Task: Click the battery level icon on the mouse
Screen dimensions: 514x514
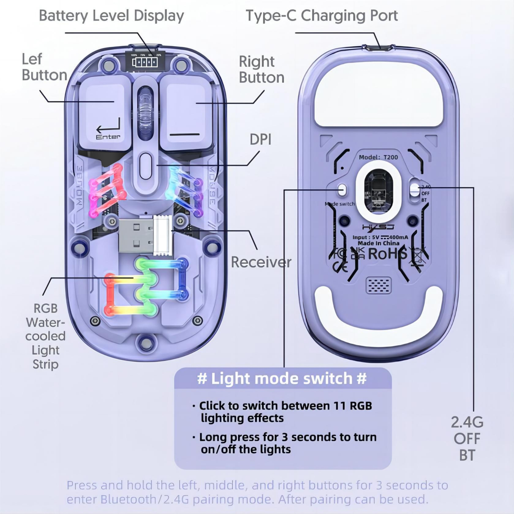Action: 145,62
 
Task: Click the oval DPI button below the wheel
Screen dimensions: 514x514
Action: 145,166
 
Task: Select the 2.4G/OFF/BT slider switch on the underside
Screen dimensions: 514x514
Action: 414,190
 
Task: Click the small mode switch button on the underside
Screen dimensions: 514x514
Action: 342,189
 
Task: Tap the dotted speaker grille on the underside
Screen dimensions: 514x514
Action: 379,286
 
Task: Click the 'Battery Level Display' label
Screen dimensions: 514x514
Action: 112,16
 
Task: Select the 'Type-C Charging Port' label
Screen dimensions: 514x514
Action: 322,16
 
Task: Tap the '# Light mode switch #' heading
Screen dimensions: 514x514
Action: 282,379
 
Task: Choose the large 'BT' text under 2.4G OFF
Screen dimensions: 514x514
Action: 467,455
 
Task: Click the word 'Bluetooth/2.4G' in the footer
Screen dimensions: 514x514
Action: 145,499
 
